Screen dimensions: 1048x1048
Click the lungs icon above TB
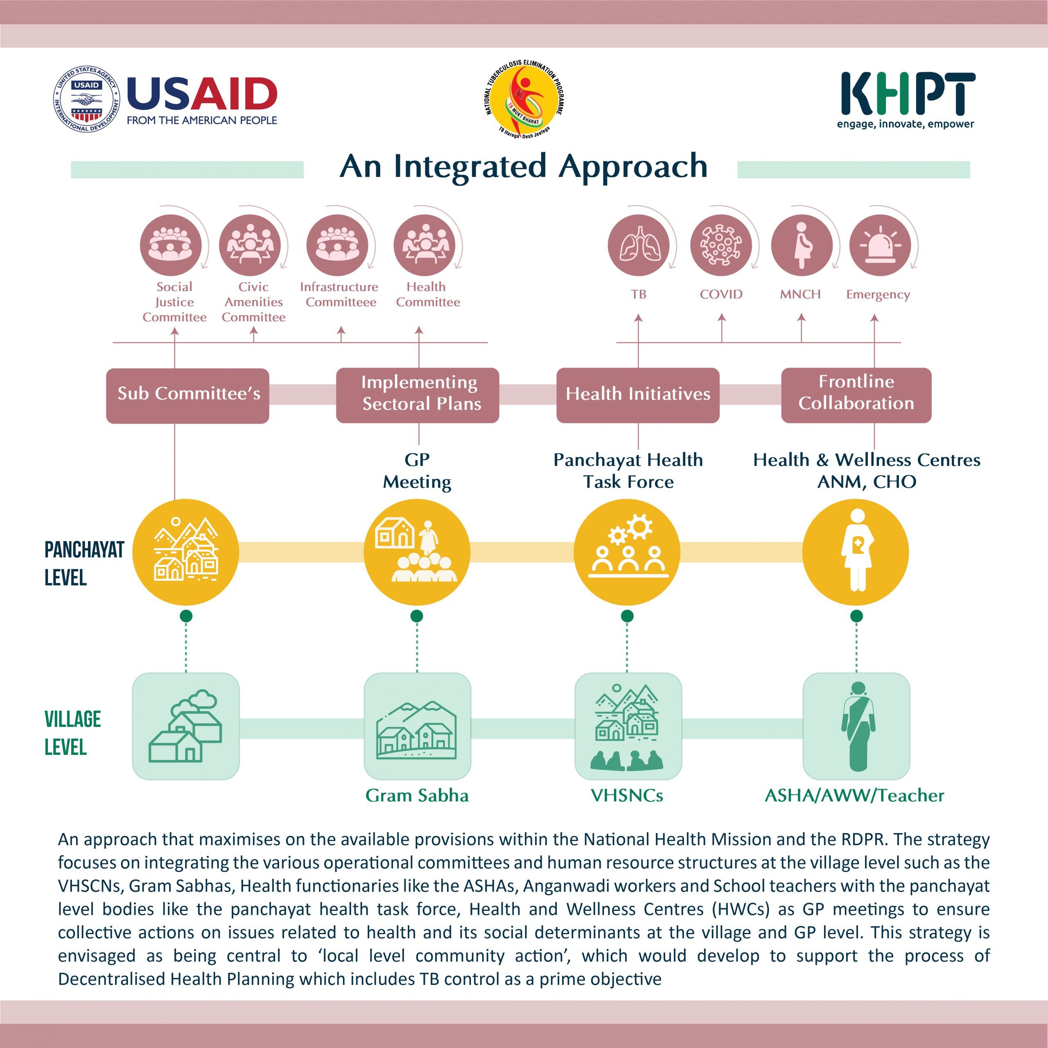[x=639, y=245]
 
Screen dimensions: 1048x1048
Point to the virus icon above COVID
[x=721, y=245]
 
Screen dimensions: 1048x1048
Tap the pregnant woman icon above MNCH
[x=801, y=245]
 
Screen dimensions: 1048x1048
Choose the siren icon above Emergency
[x=879, y=245]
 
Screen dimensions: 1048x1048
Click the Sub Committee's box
[x=187, y=395]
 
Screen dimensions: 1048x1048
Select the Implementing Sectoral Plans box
[x=418, y=395]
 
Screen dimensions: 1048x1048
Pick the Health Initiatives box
[x=638, y=395]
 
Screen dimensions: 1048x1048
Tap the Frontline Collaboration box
[x=856, y=395]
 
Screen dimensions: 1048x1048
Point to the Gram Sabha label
[x=417, y=796]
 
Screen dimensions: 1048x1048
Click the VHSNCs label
[x=627, y=796]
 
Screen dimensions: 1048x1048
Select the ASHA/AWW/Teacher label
[x=854, y=796]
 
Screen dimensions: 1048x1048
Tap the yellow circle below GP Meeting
[x=417, y=552]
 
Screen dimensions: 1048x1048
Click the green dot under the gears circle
[x=627, y=616]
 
